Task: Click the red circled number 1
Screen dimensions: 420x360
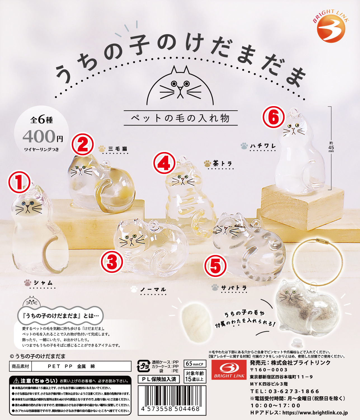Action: [19, 182]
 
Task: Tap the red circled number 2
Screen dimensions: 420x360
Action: [83, 144]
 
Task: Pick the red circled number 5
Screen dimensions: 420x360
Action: [215, 266]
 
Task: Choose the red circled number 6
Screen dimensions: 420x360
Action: [273, 117]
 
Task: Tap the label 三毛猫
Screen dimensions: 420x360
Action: [118, 149]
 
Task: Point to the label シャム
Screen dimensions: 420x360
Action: [43, 283]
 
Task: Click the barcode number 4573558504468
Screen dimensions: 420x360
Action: [170, 409]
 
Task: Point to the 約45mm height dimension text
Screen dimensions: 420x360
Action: [331, 147]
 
